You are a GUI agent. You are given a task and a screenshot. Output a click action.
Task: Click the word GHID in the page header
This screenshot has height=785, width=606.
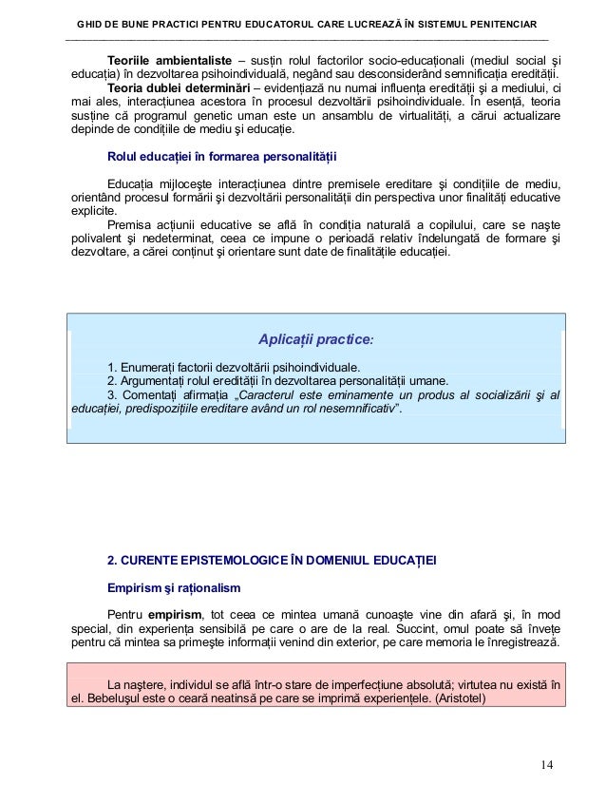pos(92,22)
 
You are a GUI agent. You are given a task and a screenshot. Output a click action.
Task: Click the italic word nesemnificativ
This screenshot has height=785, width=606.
pos(350,410)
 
